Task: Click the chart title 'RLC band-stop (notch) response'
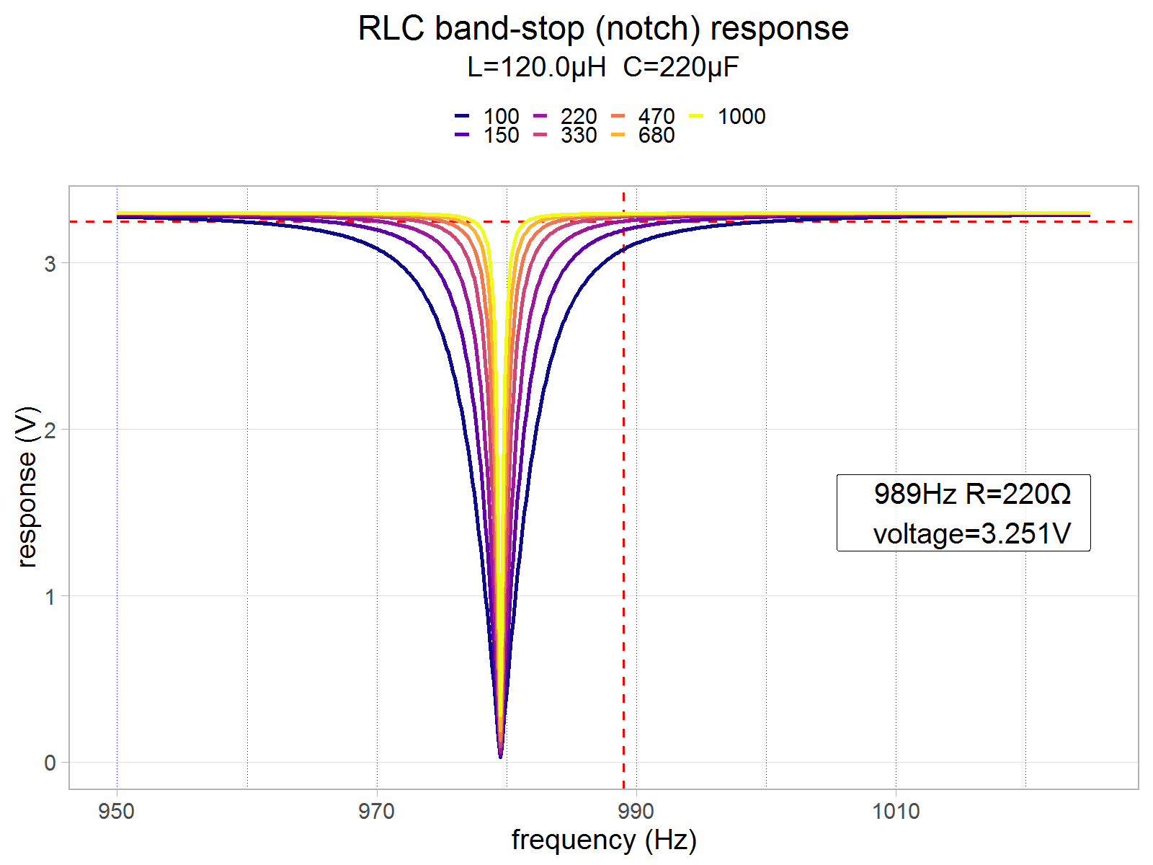pos(603,29)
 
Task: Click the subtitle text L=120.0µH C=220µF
pos(603,67)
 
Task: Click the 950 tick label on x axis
pos(117,812)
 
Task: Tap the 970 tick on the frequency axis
pos(376,812)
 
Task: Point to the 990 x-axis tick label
pos(636,812)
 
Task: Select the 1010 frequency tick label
pos(896,812)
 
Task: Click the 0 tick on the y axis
pos(50,763)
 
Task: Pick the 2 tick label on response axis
pos(50,430)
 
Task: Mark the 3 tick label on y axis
pos(50,263)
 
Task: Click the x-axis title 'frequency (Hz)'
pos(604,840)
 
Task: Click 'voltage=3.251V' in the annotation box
pos(971,534)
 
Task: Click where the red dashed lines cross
pos(623,221)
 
